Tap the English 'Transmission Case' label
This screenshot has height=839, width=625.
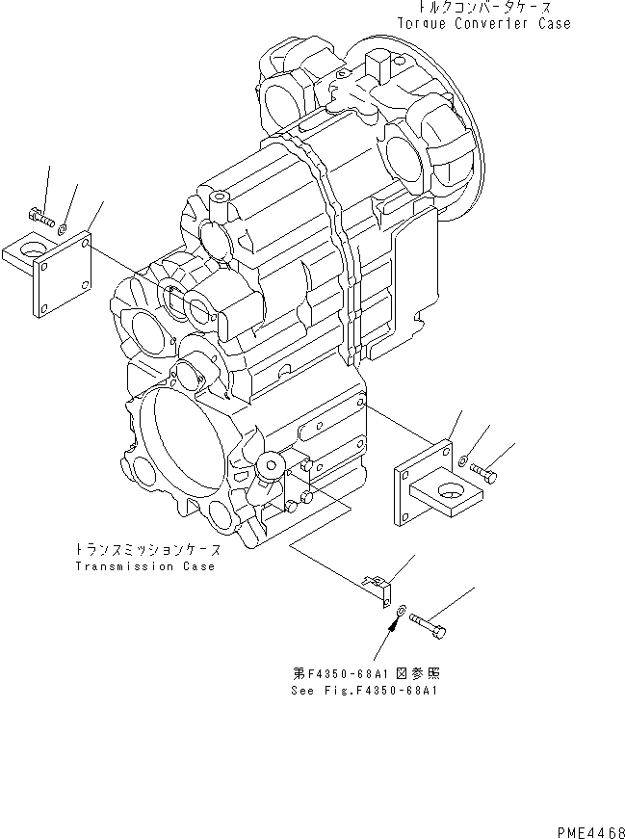(144, 566)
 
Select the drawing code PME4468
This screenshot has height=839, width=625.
(588, 831)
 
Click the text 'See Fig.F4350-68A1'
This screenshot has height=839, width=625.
(367, 691)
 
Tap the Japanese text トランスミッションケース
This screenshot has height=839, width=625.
(147, 550)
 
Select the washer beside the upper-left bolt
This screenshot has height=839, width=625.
(62, 228)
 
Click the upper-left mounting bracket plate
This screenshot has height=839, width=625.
(63, 275)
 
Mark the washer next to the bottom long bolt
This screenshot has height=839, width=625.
(401, 611)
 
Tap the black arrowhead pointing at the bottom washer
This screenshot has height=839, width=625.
(392, 628)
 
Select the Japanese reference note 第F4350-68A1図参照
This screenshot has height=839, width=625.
(367, 674)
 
